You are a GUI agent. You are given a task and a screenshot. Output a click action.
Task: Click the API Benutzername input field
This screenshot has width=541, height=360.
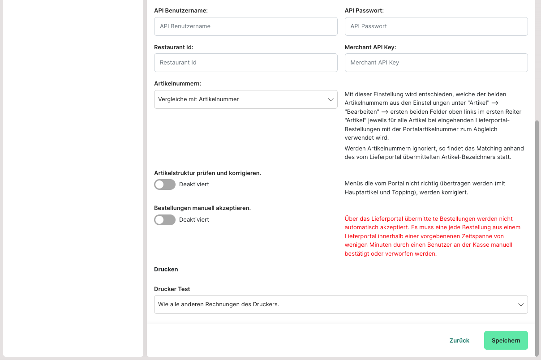pyautogui.click(x=245, y=26)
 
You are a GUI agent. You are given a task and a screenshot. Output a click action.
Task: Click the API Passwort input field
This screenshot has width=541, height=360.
pyautogui.click(x=436, y=26)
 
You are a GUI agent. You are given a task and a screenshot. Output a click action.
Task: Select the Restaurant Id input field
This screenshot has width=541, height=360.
pyautogui.click(x=245, y=63)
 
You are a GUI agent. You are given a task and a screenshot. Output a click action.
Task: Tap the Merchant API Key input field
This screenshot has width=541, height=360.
pyautogui.click(x=436, y=63)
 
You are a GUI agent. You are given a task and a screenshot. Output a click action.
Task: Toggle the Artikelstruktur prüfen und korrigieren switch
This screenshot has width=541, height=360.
pyautogui.click(x=165, y=184)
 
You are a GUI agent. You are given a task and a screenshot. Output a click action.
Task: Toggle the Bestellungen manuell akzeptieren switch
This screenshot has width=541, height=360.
pyautogui.click(x=165, y=220)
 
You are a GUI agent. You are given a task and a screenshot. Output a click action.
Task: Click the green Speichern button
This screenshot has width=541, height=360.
pyautogui.click(x=506, y=340)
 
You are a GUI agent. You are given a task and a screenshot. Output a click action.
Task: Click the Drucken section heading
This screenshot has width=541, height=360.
pyautogui.click(x=166, y=269)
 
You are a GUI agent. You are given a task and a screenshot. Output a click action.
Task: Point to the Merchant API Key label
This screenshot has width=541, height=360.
pyautogui.click(x=370, y=47)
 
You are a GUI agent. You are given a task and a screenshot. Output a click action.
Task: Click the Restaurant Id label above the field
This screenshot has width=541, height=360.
pyautogui.click(x=173, y=47)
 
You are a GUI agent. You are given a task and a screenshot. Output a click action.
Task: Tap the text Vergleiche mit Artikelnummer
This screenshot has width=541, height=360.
pyautogui.click(x=198, y=99)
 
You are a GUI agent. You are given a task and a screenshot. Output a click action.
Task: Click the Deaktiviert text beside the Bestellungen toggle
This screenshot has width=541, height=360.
pyautogui.click(x=194, y=220)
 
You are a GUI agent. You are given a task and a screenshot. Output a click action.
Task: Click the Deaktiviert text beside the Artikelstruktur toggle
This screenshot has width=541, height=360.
pyautogui.click(x=194, y=184)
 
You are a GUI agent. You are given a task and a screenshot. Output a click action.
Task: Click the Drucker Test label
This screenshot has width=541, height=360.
pyautogui.click(x=172, y=289)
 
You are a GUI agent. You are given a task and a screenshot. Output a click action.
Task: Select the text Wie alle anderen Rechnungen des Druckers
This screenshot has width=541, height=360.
pyautogui.click(x=219, y=304)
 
